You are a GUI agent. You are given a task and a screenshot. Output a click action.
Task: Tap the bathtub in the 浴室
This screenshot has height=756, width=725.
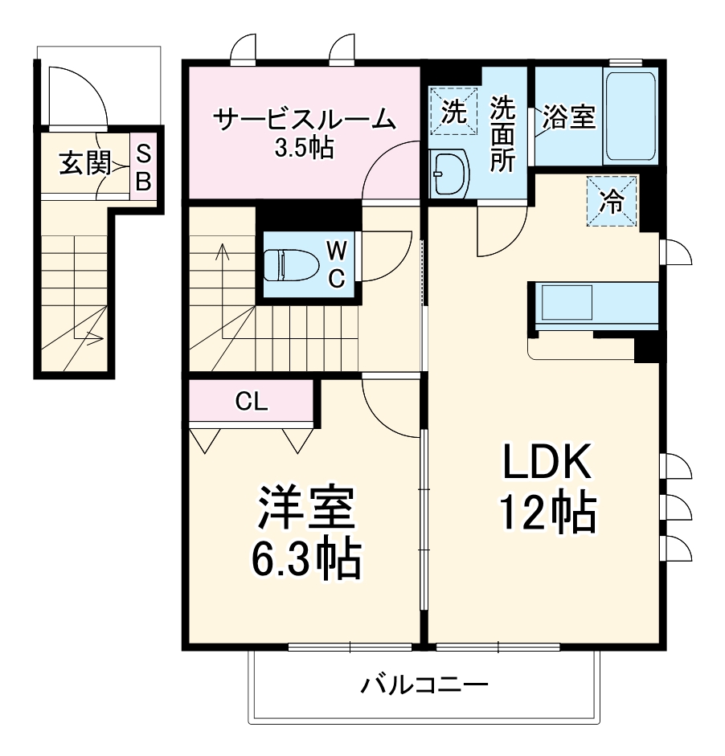click(x=631, y=116)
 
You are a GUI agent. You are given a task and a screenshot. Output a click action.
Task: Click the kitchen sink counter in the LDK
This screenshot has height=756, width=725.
click(x=595, y=306)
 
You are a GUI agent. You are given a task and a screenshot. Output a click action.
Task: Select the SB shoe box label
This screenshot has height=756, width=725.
click(x=143, y=166)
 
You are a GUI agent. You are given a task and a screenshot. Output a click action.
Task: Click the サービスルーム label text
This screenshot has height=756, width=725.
click(x=305, y=120)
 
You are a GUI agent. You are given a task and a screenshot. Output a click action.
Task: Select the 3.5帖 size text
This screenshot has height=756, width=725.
click(x=304, y=149)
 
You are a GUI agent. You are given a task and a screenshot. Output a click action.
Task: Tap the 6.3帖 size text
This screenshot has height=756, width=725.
click(x=304, y=559)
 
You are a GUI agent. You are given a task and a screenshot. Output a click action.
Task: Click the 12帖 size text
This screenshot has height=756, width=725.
click(x=548, y=513)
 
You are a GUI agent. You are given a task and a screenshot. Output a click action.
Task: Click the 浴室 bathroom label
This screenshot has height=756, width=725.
click(x=568, y=117)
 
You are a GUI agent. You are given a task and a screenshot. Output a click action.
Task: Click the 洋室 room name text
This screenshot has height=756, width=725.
click(x=304, y=509)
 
